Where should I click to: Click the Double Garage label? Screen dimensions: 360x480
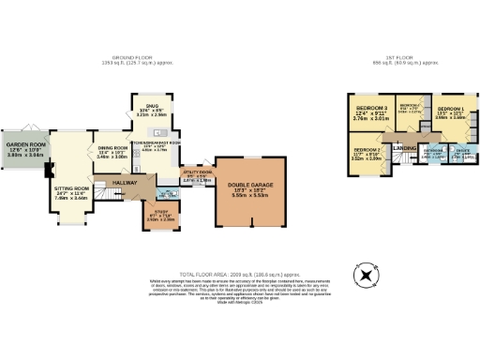coord(249,186)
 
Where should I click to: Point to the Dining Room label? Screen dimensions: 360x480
coord(112,147)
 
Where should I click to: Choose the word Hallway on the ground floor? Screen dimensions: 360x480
coord(125,182)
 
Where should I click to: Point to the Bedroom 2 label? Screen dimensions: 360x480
coord(367,151)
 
